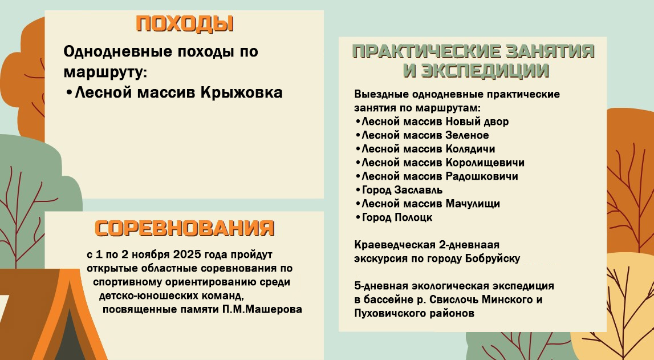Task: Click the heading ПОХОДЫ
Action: (185, 25)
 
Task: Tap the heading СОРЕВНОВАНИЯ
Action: (185, 228)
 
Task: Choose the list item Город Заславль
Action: (402, 190)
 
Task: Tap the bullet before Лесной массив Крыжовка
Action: (69, 92)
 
